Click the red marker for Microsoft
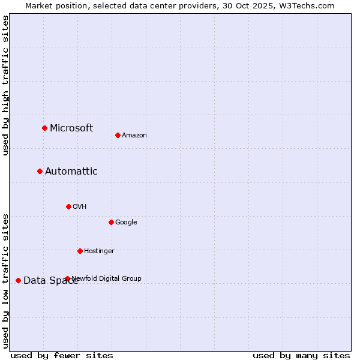(x=44, y=128)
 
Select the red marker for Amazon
(x=118, y=135)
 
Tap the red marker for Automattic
(x=40, y=171)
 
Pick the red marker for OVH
(x=68, y=206)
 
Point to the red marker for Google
(x=111, y=222)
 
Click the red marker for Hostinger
(x=80, y=251)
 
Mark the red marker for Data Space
(x=18, y=280)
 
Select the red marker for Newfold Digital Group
(x=67, y=278)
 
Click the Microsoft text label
(x=71, y=128)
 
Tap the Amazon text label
(x=134, y=135)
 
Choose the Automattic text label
(x=71, y=171)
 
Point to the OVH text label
(x=80, y=206)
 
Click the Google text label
(x=126, y=222)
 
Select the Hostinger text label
(x=99, y=251)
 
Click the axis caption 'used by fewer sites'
(x=62, y=355)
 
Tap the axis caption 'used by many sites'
(x=301, y=355)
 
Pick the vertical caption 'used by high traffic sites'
(x=5, y=85)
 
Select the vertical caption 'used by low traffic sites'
(x=5, y=280)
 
